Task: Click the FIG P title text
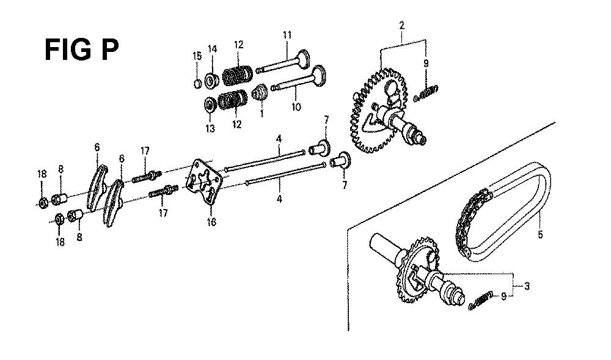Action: (x=81, y=50)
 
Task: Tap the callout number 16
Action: (x=211, y=222)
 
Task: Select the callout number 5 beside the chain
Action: (x=540, y=235)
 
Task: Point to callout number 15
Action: (x=197, y=56)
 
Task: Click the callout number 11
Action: (x=287, y=35)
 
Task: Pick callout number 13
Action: (x=210, y=128)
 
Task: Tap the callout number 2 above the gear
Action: (x=402, y=26)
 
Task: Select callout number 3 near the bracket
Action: (x=527, y=287)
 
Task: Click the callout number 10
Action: (x=296, y=106)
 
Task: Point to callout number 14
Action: (x=212, y=49)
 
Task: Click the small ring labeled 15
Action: (x=197, y=83)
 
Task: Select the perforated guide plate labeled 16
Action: (x=203, y=182)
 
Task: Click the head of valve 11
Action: (x=304, y=59)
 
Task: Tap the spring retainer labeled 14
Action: (x=212, y=80)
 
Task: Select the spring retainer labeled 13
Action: (x=210, y=105)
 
